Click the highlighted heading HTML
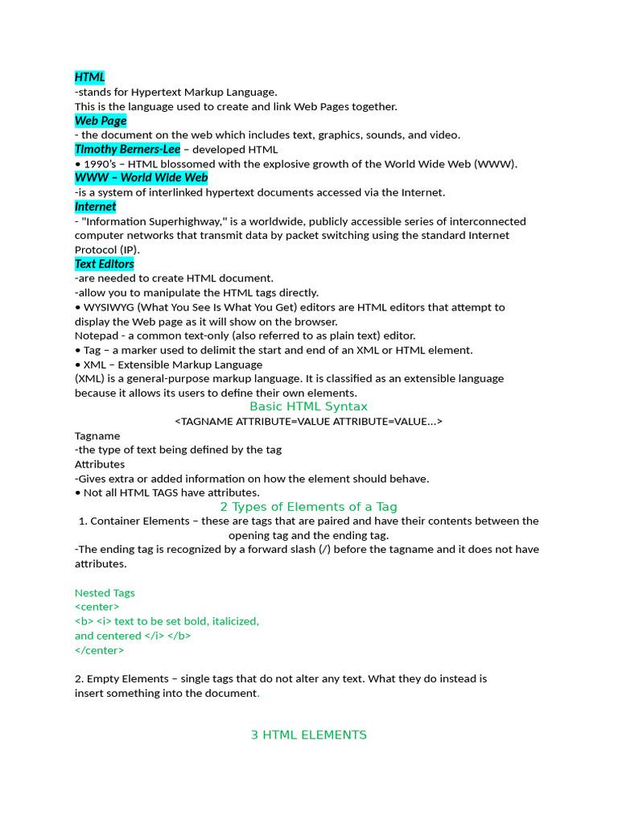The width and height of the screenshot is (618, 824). pyautogui.click(x=90, y=77)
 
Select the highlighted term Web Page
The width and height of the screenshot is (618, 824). pyautogui.click(x=101, y=121)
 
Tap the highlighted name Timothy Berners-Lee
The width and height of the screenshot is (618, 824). pyautogui.click(x=127, y=149)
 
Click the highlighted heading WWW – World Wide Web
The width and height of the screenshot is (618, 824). pyautogui.click(x=141, y=178)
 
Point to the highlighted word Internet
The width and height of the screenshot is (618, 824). pyautogui.click(x=95, y=207)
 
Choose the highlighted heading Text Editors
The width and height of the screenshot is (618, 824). pyautogui.click(x=105, y=264)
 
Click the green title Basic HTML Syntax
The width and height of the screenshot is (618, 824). pyautogui.click(x=308, y=406)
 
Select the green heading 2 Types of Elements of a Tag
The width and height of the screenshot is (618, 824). pyautogui.click(x=308, y=507)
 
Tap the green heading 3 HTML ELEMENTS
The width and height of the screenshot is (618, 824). pyautogui.click(x=308, y=735)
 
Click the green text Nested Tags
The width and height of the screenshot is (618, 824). pyautogui.click(x=105, y=593)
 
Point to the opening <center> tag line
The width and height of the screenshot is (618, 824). pyautogui.click(x=97, y=607)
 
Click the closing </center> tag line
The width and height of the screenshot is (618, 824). pyautogui.click(x=99, y=650)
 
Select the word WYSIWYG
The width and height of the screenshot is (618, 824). pyautogui.click(x=112, y=307)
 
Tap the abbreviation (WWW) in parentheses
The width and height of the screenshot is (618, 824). pyautogui.click(x=496, y=164)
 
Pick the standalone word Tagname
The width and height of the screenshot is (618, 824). pyautogui.click(x=97, y=435)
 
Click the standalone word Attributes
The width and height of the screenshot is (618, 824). pyautogui.click(x=100, y=464)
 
